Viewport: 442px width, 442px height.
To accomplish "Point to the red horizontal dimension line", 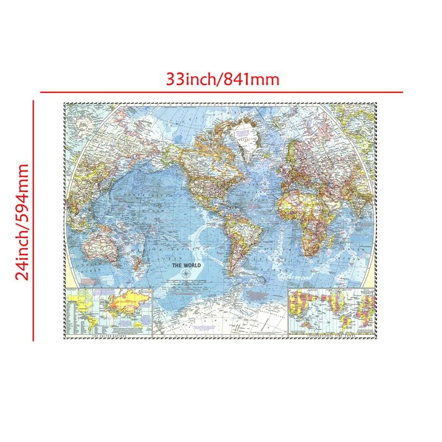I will click(x=221, y=92).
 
